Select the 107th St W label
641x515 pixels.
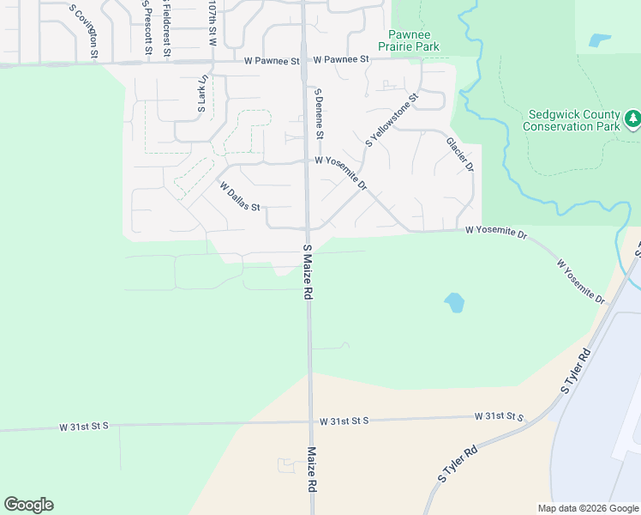coord(212,22)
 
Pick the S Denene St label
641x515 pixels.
coord(319,113)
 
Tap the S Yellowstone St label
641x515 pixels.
coord(392,120)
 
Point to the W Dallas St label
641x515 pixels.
coord(239,197)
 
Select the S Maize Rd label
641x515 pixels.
coord(307,270)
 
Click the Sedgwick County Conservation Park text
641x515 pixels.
coord(573,120)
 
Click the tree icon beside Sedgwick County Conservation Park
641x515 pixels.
coord(632,119)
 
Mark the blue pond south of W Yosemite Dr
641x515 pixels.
coord(454,302)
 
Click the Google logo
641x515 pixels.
coord(28,505)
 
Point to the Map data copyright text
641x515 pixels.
coord(587,508)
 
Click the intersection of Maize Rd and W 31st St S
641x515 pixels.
coord(310,421)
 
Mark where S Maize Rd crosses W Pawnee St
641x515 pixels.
coord(303,61)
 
